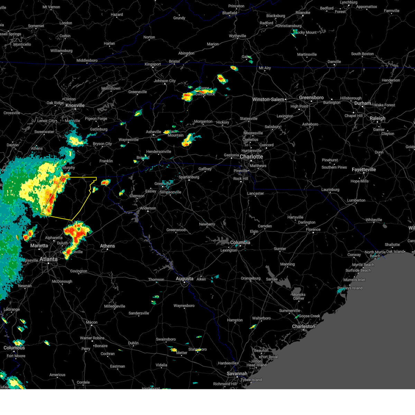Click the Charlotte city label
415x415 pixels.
click(x=251, y=157)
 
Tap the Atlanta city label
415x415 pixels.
click(x=48, y=259)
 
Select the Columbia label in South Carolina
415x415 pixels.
click(x=240, y=242)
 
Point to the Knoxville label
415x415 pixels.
click(x=75, y=105)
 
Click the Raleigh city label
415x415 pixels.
click(x=377, y=118)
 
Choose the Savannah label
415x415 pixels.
click(x=237, y=373)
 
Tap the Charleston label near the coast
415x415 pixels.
click(x=303, y=326)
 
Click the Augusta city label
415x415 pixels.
click(x=185, y=278)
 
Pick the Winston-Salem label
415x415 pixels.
click(x=268, y=100)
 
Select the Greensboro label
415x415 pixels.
click(x=311, y=98)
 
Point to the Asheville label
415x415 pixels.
click(x=154, y=132)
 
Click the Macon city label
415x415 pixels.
click(x=92, y=322)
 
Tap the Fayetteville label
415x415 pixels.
click(x=364, y=169)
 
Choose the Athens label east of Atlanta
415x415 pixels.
click(x=108, y=246)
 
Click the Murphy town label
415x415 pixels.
click(x=69, y=168)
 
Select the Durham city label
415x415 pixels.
click(x=362, y=103)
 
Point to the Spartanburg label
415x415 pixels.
click(x=189, y=177)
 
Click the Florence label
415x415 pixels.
click(x=313, y=230)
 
